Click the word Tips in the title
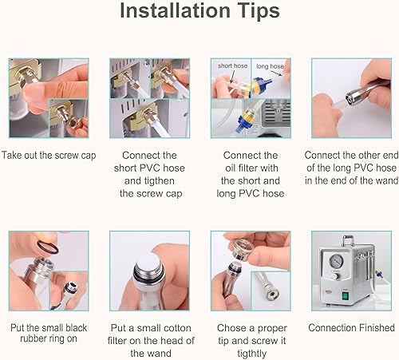252,12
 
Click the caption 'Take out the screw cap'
48,155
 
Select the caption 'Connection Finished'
351,327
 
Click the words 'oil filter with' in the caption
250,168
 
